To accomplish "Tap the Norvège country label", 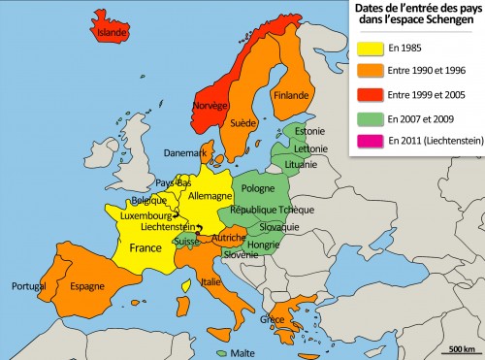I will coord(210,104).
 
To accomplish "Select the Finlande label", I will coord(290,95).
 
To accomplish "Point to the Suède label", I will coord(243,123).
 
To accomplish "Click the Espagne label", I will coord(86,286).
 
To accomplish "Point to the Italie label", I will coord(210,281).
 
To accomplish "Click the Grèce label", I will coord(273,319).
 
